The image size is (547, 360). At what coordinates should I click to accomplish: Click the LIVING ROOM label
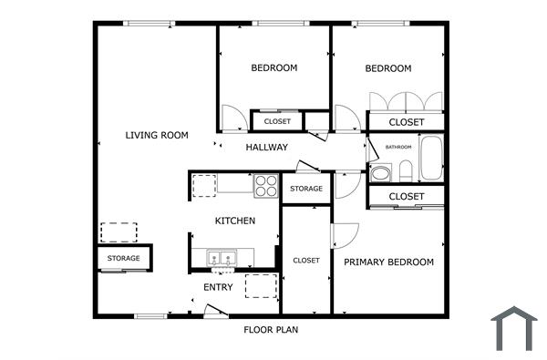[x=157, y=135]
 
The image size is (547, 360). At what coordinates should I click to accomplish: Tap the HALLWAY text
[x=267, y=147]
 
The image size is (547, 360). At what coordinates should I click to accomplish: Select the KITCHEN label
[x=234, y=221]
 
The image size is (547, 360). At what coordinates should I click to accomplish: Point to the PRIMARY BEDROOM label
[x=388, y=262]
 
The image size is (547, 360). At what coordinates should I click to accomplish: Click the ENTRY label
[x=218, y=287]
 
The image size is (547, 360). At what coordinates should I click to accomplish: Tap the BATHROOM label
[x=398, y=147]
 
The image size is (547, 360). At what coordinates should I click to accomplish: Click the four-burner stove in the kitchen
[x=265, y=185]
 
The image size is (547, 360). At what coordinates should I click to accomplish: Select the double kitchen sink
[x=222, y=258]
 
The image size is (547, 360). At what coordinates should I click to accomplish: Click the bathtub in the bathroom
[x=429, y=159]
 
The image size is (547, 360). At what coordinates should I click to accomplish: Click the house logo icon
[x=515, y=328]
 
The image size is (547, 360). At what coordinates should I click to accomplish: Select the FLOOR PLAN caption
[x=271, y=330]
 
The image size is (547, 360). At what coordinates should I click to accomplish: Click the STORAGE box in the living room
[x=124, y=258]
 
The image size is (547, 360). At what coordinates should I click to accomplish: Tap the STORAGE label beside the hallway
[x=306, y=189]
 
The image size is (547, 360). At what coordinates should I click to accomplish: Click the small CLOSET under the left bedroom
[x=277, y=121]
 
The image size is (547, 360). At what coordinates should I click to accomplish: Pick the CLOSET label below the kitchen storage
[x=306, y=260]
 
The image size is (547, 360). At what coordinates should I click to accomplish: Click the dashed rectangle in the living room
[x=119, y=231]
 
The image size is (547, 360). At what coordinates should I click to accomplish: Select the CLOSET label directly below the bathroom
[x=407, y=196]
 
